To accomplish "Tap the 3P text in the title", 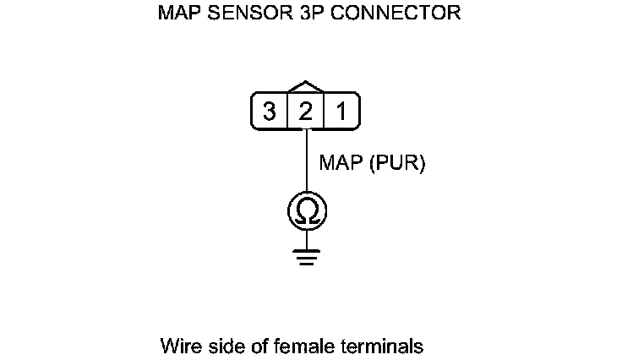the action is [299, 14].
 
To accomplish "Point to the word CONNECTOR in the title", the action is [391, 14].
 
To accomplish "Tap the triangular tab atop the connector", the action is [306, 88].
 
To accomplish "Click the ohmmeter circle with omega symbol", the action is [306, 211].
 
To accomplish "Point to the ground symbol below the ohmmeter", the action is [306, 256].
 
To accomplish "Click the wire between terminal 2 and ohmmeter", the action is [306, 161].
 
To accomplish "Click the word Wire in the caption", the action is [178, 346].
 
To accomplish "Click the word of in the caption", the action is [252, 346].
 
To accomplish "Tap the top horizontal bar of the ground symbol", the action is [306, 250].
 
